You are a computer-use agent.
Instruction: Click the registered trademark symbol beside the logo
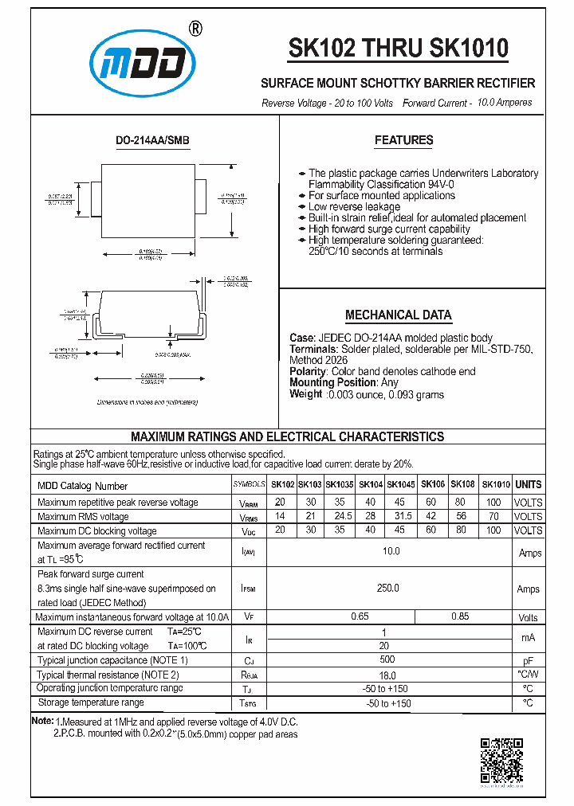(196, 28)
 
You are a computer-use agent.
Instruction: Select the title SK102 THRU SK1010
(398, 49)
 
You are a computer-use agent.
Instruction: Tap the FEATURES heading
(403, 140)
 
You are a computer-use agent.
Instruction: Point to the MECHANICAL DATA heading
(398, 315)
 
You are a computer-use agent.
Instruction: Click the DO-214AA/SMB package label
(152, 140)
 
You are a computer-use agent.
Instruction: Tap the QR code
(501, 761)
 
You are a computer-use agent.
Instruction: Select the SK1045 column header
(400, 484)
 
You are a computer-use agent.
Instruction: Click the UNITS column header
(528, 484)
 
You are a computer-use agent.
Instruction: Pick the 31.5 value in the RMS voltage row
(400, 517)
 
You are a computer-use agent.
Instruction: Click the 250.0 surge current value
(388, 588)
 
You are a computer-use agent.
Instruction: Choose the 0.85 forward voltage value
(460, 616)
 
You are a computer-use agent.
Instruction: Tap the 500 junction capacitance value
(388, 660)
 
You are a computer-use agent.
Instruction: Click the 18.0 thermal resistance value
(388, 675)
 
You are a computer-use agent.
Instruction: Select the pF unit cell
(528, 661)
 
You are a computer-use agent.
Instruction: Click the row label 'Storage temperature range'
(90, 702)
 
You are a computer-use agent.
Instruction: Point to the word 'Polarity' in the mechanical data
(307, 371)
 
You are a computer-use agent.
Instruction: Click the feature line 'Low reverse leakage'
(354, 206)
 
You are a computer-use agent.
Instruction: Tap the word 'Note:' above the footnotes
(41, 720)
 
